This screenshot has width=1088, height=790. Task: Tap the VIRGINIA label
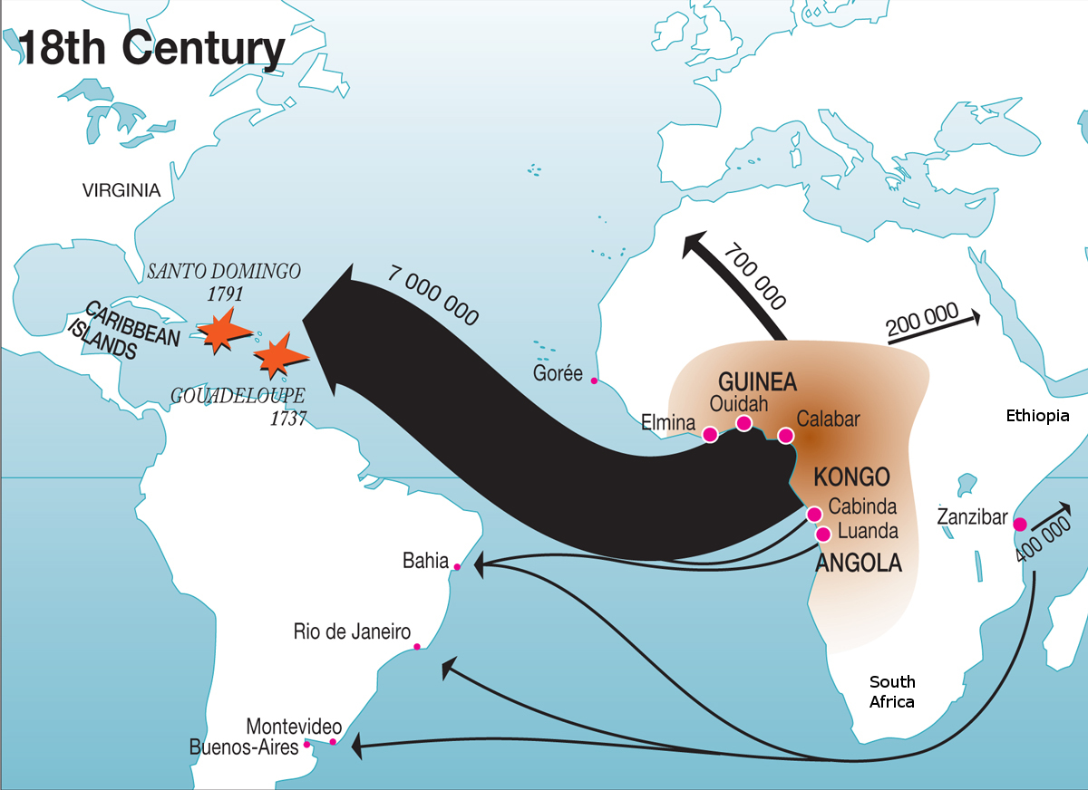121,190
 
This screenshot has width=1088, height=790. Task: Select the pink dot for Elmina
710,434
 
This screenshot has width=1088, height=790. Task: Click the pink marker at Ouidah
744,423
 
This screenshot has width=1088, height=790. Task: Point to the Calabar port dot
786,436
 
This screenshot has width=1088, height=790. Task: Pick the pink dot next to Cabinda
815,515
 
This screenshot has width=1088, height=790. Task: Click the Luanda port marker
823,534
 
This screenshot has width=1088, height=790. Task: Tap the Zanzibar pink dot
1020,524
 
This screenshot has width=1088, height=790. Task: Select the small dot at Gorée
594,381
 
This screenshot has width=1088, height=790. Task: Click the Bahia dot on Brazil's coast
457,567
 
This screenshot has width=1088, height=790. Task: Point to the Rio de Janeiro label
352,631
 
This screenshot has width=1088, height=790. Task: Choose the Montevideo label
294,727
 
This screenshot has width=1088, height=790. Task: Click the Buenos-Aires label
244,747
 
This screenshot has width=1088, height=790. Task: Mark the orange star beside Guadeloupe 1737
276,355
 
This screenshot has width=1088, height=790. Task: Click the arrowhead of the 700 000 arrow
697,244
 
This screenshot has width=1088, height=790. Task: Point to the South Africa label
892,691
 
